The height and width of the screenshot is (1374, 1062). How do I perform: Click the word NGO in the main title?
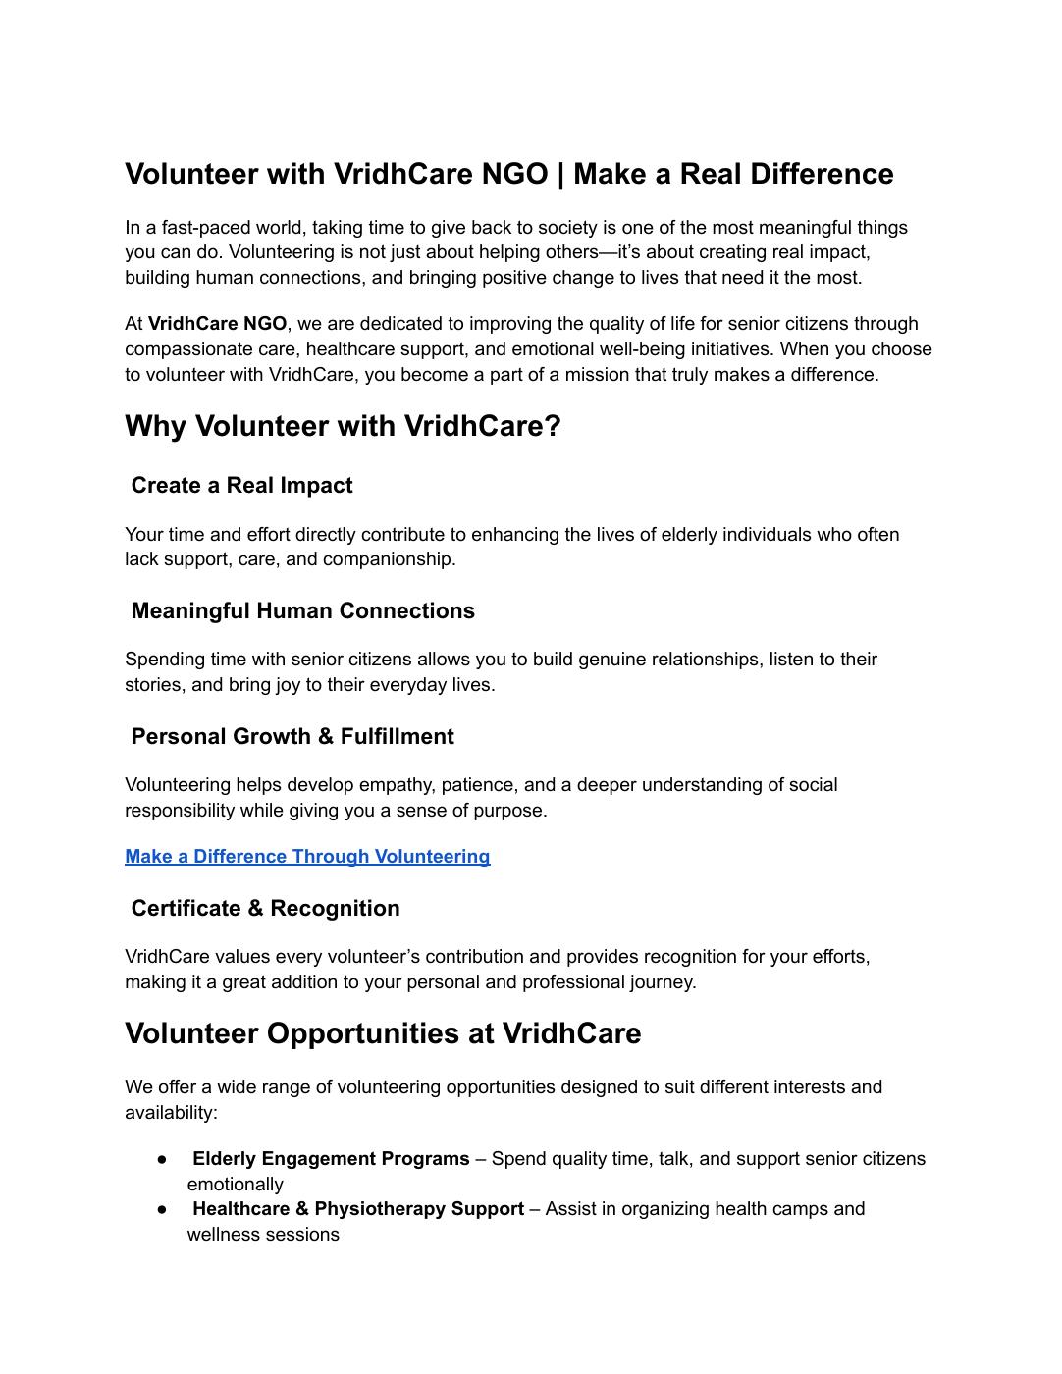coord(514,174)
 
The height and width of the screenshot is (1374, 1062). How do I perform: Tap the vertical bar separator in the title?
coord(561,174)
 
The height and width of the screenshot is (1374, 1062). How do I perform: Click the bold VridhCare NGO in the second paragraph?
coord(217,324)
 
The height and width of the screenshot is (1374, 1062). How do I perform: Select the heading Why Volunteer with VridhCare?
coord(343,427)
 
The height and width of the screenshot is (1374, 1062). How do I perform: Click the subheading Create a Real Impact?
coord(241,486)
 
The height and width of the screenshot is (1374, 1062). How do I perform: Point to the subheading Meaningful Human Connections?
coord(302,611)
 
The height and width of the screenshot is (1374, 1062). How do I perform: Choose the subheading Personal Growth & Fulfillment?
coord(292,737)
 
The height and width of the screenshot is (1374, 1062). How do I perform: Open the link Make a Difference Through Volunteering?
coord(307,857)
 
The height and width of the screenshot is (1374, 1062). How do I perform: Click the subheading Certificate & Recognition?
coord(265,909)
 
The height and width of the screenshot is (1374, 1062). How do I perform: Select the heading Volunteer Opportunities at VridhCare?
coord(383,1034)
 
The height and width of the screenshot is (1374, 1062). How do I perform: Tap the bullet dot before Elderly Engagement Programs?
coord(162,1159)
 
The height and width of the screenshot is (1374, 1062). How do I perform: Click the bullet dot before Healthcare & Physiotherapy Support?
coord(162,1209)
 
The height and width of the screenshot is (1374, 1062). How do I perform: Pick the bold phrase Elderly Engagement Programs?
coord(331,1159)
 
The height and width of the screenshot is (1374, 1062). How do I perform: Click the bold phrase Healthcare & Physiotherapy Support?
coord(358,1209)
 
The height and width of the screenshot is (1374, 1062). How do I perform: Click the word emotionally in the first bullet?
coord(235,1185)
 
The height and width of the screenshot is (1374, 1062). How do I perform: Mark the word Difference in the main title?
coord(822,174)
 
